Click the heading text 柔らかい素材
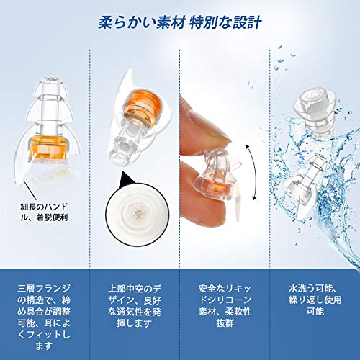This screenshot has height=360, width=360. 142,23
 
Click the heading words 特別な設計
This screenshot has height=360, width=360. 225,23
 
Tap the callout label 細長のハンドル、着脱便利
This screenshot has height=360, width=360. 44,212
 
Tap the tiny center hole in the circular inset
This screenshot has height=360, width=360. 138,212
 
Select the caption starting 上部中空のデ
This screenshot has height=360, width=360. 135,306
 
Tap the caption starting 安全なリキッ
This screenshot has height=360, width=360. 225,306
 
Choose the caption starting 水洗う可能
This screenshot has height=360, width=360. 315,300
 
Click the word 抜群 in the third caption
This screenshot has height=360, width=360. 225,323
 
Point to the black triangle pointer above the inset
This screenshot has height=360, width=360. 129,179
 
